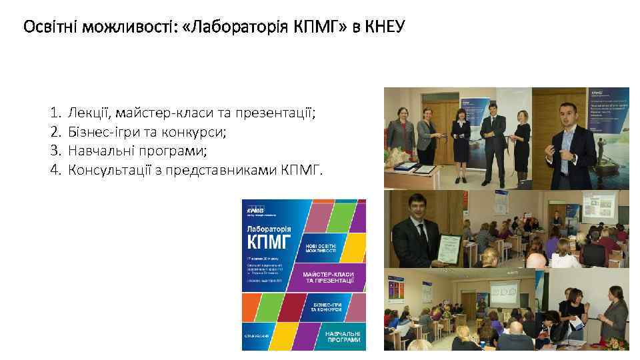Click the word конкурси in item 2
(x=199, y=132)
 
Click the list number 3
(x=55, y=151)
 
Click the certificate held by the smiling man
(x=447, y=251)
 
